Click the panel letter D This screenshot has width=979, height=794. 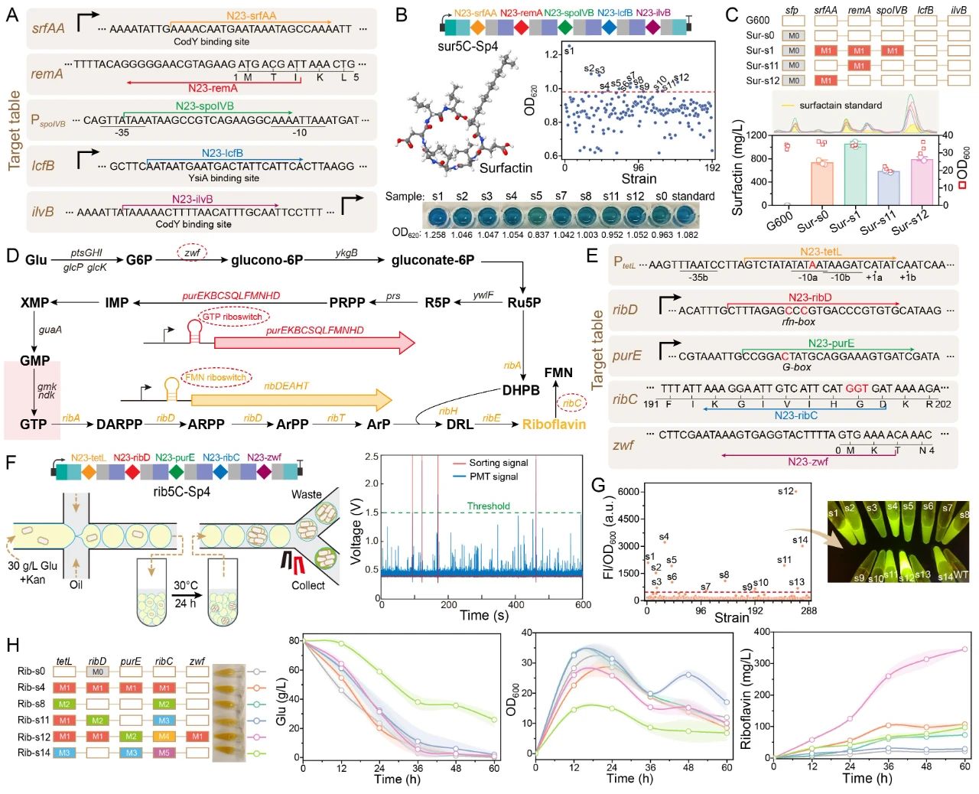tap(12, 255)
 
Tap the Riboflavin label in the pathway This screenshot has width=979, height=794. tap(554, 425)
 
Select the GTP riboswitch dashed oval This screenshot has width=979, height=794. tap(232, 316)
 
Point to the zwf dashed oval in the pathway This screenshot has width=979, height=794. tap(192, 252)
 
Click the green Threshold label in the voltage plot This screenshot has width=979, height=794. tap(488, 506)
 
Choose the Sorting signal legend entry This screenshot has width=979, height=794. tap(498, 463)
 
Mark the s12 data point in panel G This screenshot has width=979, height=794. tap(795, 491)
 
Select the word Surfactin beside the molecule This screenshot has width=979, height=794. tap(506, 168)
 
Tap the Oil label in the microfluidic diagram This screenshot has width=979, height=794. tap(75, 584)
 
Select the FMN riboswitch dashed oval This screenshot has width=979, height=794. tap(216, 377)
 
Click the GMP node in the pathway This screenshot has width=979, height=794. tap(34, 360)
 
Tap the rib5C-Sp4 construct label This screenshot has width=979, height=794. tap(181, 491)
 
